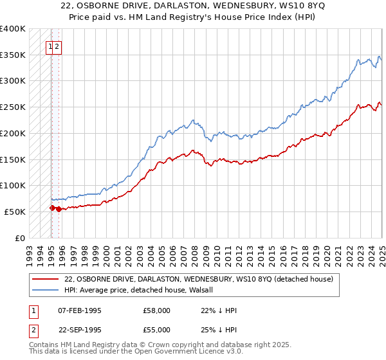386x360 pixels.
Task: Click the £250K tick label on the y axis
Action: [x=13, y=107]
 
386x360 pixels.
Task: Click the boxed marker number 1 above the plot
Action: [x=50, y=46]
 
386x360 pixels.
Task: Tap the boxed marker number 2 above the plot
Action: [x=57, y=46]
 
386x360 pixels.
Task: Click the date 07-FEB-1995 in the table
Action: [x=80, y=310]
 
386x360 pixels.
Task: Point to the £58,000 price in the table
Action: [x=157, y=310]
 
